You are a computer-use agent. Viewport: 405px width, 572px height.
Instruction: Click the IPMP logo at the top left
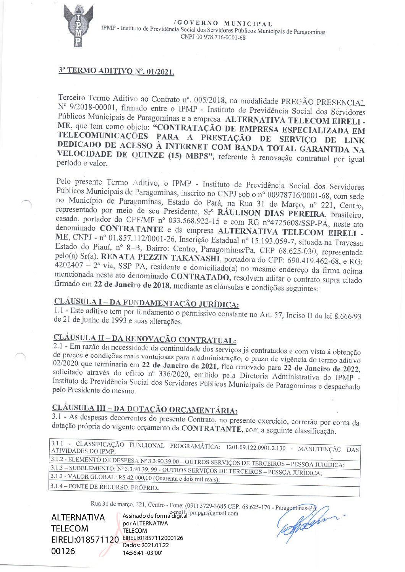(78, 26)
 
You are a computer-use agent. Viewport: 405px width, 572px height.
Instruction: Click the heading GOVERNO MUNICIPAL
(224, 24)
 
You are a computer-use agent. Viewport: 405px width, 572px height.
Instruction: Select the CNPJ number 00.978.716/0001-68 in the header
(224, 37)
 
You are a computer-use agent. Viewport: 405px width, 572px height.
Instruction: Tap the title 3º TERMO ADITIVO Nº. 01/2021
(117, 71)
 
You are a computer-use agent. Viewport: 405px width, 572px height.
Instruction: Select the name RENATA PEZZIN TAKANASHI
(160, 258)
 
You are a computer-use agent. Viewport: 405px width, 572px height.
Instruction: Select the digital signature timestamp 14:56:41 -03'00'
(142, 553)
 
